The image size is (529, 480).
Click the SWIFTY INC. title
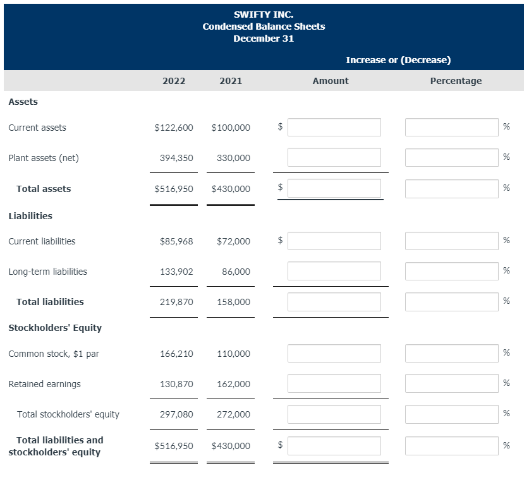[264, 14]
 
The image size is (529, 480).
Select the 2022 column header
[174, 81]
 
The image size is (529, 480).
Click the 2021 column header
[231, 81]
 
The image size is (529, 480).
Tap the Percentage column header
[456, 81]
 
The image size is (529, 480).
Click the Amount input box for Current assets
[334, 127]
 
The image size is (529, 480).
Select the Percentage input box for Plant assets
[451, 157]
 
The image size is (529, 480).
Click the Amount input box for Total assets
[334, 188]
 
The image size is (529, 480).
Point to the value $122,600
[174, 128]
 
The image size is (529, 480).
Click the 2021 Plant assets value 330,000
[233, 158]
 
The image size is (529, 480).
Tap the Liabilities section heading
[30, 216]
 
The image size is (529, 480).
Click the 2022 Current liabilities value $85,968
[177, 241]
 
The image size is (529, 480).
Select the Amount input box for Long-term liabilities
[334, 271]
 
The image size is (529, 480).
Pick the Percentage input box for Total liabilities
[451, 301]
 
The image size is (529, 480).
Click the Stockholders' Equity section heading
[55, 328]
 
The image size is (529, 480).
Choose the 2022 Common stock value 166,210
[177, 354]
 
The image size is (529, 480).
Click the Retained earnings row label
[44, 384]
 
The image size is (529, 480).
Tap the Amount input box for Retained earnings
[334, 383]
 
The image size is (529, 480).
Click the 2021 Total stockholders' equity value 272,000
[233, 414]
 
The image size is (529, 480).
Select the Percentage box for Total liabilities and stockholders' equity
[451, 445]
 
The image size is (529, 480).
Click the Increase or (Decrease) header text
[398, 60]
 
